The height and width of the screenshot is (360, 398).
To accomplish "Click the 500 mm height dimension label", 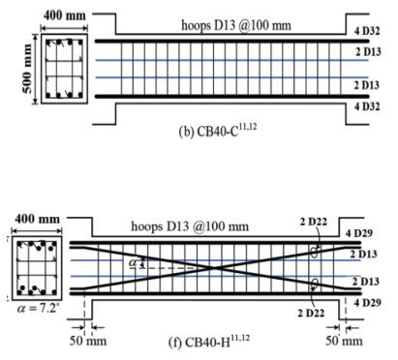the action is (27, 69).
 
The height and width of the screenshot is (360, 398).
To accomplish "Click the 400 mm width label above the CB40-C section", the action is (65, 15).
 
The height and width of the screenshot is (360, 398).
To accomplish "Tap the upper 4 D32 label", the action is (367, 31).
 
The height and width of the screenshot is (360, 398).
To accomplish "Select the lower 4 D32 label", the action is (367, 106).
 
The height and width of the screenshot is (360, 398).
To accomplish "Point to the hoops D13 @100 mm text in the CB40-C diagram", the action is (236, 25).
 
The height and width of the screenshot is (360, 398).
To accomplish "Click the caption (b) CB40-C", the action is (218, 131).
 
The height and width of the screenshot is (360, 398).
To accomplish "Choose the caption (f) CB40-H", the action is (209, 341).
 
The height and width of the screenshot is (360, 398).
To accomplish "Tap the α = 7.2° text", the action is (38, 308).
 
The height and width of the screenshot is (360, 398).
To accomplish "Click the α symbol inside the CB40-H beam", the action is (133, 262).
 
